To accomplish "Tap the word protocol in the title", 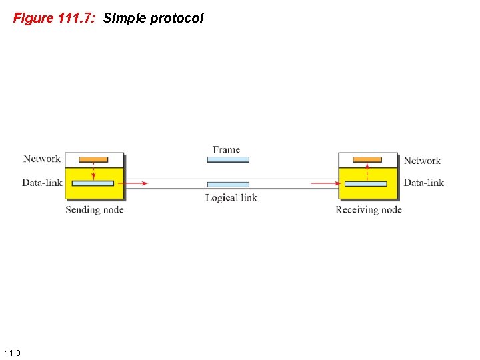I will pyautogui.click(x=177, y=18).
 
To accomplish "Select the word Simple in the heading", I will pyautogui.click(x=125, y=18).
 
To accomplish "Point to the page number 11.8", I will pyautogui.click(x=12, y=352).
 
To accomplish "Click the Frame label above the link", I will pyautogui.click(x=227, y=149).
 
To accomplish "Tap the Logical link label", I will pyautogui.click(x=231, y=197).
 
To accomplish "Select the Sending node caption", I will pyautogui.click(x=95, y=210).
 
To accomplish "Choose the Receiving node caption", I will pyautogui.click(x=369, y=210).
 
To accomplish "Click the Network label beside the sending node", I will pyautogui.click(x=42, y=159).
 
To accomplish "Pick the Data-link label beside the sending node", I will pyautogui.click(x=42, y=183).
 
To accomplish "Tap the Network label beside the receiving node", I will pyautogui.click(x=422, y=161).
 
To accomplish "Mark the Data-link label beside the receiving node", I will pyautogui.click(x=423, y=183).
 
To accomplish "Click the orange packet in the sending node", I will pyautogui.click(x=93, y=159).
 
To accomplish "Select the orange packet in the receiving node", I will pyautogui.click(x=367, y=159).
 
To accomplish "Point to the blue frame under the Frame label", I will pyautogui.click(x=228, y=160).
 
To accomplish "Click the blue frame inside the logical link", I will pyautogui.click(x=228, y=184).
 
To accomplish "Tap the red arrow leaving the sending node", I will pyautogui.click(x=137, y=183).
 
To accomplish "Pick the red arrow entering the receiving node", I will pyautogui.click(x=325, y=183).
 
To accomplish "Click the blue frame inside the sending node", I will pyautogui.click(x=93, y=183).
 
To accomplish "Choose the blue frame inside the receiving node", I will pyautogui.click(x=366, y=183).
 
